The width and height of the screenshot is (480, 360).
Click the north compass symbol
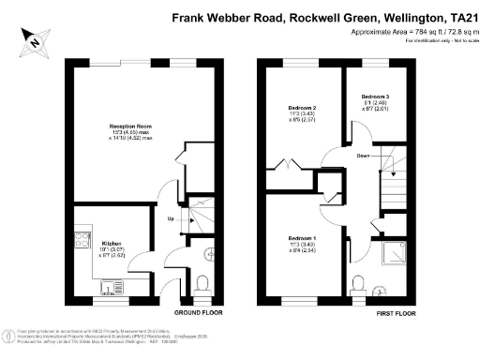[x=34, y=41]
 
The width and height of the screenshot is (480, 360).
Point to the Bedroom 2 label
[x=301, y=109]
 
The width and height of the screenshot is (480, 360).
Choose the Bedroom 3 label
[x=374, y=97]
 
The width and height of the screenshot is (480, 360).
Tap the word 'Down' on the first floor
[x=363, y=157]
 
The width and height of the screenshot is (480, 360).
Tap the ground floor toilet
[x=207, y=252]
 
